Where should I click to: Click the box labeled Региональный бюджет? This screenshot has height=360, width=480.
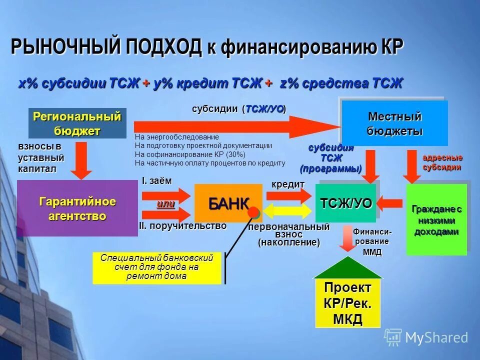coord(77,123)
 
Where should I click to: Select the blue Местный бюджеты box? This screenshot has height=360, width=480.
coord(394,123)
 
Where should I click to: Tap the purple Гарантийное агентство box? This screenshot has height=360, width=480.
coord(77,208)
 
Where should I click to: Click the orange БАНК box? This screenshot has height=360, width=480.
coord(228,202)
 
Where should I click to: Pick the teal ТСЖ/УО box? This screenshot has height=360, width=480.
coord(346,203)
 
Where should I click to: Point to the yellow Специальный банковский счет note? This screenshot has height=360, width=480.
coord(156,267)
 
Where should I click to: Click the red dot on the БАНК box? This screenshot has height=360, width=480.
coord(253,212)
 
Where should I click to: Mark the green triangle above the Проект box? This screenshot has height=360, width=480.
coord(348,267)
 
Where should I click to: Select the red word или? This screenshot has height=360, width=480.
coord(165,204)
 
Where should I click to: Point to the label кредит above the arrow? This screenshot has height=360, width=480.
coord(288,184)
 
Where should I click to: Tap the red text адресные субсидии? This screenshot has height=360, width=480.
coord(442,163)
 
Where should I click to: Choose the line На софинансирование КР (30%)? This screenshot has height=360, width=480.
coord(190,154)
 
